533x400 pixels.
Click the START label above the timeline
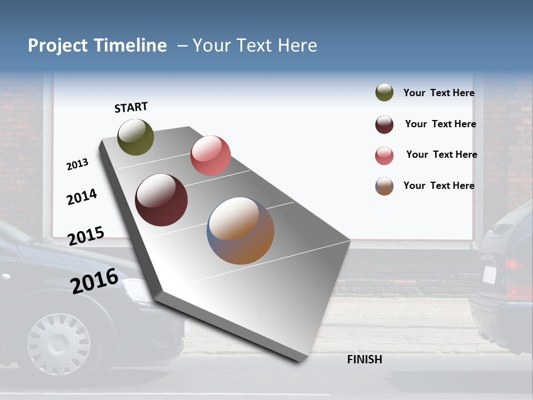131,107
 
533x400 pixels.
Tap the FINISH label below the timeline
365,359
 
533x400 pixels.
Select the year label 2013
77,164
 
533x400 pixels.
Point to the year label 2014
82,197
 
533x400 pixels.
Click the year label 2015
86,236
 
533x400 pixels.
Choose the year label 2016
94,281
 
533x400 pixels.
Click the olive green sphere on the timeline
135,137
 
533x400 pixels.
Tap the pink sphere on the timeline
210,156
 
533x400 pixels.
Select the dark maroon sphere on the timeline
162,200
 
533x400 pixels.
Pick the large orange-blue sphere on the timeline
240,231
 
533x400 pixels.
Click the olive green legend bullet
384,93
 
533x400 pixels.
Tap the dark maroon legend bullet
384,124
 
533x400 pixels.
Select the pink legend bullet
384,156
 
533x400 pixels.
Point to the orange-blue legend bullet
384,186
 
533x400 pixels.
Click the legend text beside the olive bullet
439,93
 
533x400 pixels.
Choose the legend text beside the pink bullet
441,154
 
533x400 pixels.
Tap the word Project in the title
57,46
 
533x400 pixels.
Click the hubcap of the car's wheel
58,343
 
